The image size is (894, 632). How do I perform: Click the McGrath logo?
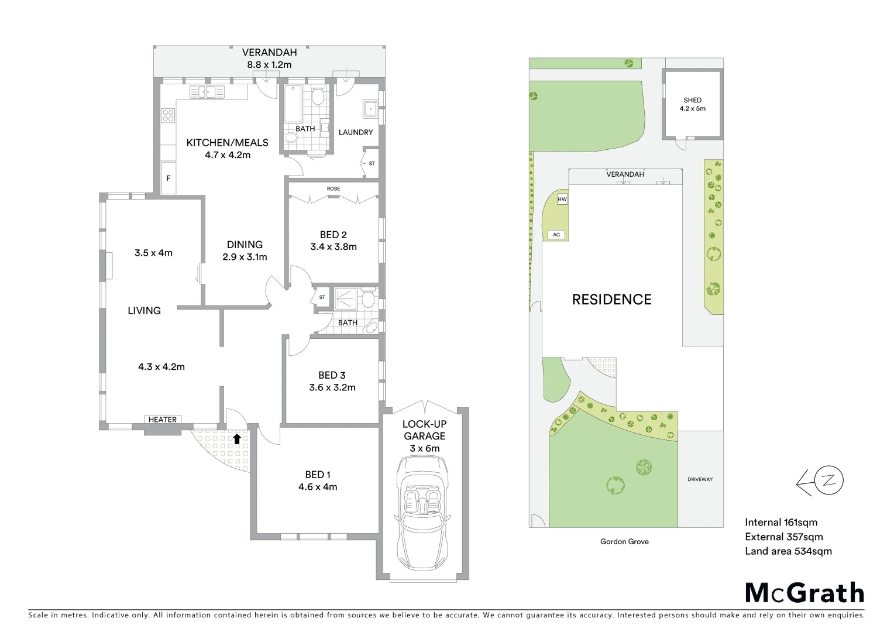(x=804, y=593)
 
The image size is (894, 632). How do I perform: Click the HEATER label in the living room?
(x=162, y=420)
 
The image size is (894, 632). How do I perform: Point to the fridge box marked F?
(x=169, y=178)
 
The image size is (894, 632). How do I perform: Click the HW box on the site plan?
(x=562, y=200)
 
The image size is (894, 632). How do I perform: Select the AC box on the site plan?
(x=556, y=235)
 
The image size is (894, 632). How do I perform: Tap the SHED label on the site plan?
(x=692, y=100)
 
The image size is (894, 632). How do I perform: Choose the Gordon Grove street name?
(x=624, y=542)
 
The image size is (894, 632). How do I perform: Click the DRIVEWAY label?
(x=700, y=479)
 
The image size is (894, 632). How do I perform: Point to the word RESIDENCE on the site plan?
(x=611, y=300)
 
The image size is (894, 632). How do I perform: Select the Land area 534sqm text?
(x=788, y=551)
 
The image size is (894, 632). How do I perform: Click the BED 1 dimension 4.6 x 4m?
(x=318, y=487)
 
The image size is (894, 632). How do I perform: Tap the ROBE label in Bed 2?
(x=333, y=189)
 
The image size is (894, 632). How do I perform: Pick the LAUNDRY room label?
(x=355, y=132)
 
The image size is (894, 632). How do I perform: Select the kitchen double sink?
(x=207, y=92)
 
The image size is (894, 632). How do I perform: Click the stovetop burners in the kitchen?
(x=168, y=115)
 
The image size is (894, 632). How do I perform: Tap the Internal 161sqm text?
(x=780, y=523)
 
